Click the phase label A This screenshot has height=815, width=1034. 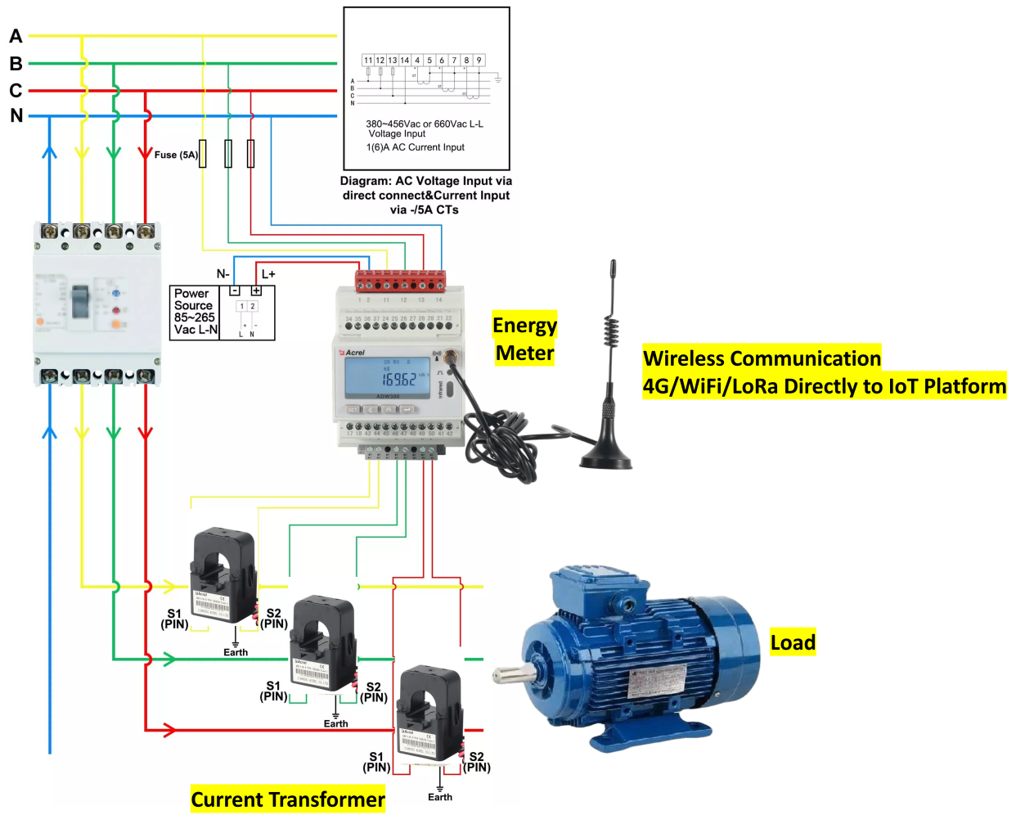pos(16,36)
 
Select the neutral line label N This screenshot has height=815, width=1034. pos(16,115)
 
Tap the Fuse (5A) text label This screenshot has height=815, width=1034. pos(176,155)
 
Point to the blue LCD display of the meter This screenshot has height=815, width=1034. pos(386,377)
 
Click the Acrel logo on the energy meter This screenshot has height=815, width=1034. pos(353,353)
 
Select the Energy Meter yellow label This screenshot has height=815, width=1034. pos(524,339)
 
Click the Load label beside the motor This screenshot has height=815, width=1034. pos(793,642)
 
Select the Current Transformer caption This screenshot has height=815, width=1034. pos(288,799)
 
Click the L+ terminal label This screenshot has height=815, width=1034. pos(268,274)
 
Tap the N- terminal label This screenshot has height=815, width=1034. pos(223,274)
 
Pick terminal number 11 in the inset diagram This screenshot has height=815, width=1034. pos(368,61)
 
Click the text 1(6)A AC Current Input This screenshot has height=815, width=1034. pos(415,147)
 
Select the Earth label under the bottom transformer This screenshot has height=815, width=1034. pos(440,797)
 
